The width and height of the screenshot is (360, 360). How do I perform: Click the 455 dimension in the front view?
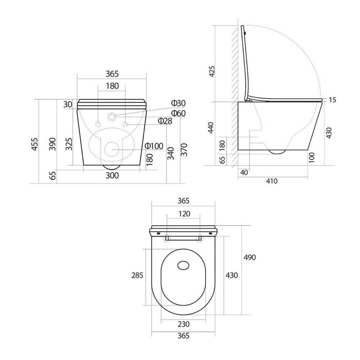(x=34, y=144)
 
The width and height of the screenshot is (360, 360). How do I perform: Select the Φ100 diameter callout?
(x=154, y=146)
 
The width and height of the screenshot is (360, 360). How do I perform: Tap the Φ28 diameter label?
(x=165, y=121)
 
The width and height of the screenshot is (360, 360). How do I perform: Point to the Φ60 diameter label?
(x=178, y=113)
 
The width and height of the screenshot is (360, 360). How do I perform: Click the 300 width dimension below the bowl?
(x=112, y=175)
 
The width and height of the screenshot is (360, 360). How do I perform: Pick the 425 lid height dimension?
(x=212, y=71)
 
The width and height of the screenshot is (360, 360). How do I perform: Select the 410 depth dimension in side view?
(x=272, y=181)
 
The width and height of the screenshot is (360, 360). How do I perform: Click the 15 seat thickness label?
(x=332, y=100)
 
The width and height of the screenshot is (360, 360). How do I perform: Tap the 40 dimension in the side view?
(x=244, y=172)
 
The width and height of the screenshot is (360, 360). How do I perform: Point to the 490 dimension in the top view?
(x=249, y=257)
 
